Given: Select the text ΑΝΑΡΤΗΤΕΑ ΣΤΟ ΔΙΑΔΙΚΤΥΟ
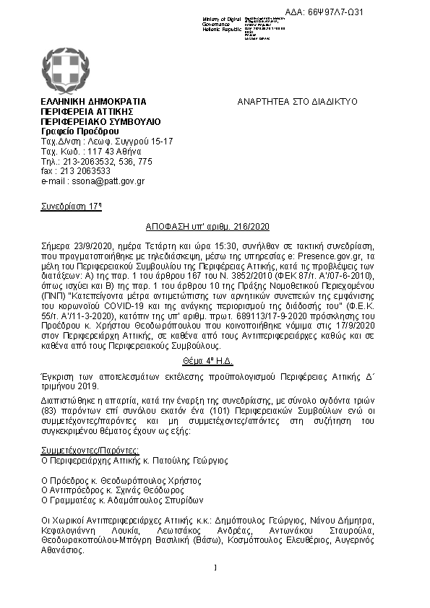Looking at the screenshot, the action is click(x=298, y=103).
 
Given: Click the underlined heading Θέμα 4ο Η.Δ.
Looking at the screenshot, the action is click(x=215, y=360).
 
